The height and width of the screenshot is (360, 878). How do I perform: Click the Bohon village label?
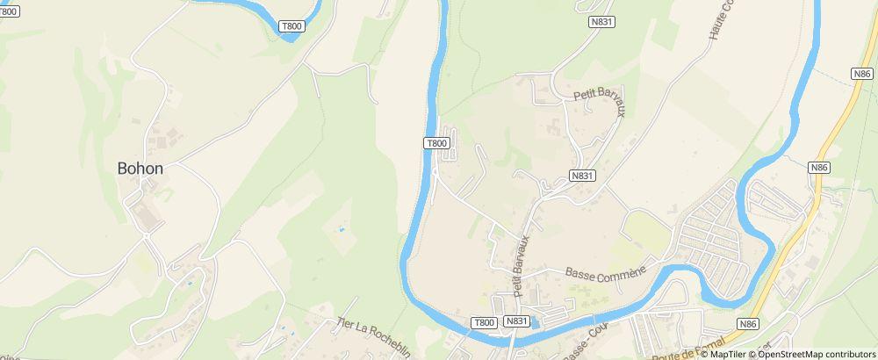click(x=140, y=168)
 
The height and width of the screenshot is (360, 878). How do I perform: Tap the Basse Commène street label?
click(x=605, y=274)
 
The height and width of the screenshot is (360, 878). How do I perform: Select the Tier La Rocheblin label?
click(x=374, y=335)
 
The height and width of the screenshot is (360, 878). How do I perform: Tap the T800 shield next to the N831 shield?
click(x=485, y=322)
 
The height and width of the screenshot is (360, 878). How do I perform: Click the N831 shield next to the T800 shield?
click(x=517, y=322)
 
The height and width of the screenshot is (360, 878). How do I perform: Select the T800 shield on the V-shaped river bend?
click(x=291, y=26)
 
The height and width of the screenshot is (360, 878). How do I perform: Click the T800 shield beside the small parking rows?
click(x=436, y=142)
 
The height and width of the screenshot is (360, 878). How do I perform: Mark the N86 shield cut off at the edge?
click(x=862, y=74)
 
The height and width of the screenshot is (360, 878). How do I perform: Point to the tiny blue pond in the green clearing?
click(x=342, y=228)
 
